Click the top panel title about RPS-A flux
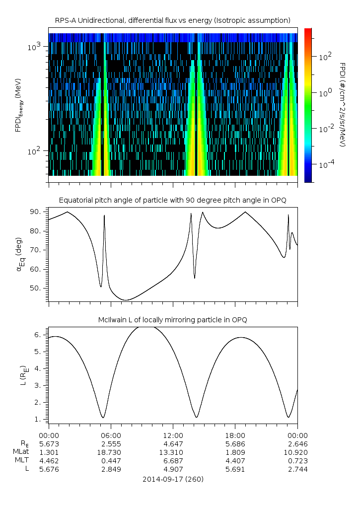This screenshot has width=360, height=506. [x=172, y=20]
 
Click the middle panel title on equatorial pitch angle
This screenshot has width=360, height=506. [x=172, y=200]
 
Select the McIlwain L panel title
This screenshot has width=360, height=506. [x=172, y=320]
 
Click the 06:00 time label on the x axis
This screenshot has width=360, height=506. [x=111, y=435]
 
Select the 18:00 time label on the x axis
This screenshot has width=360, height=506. [x=235, y=435]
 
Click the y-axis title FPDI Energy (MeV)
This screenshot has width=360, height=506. [x=19, y=105]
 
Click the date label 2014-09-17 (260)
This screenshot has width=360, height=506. [x=173, y=479]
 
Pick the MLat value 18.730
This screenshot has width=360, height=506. [x=111, y=452]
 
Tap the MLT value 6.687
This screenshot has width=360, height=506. [x=173, y=461]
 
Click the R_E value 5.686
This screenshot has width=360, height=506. [x=235, y=444]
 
